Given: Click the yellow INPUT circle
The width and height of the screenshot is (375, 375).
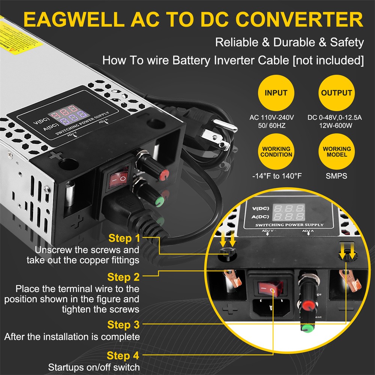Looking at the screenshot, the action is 276,93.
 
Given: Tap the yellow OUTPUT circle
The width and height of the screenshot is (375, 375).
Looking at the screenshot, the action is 336,93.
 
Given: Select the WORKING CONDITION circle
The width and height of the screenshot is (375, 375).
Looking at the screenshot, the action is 276,151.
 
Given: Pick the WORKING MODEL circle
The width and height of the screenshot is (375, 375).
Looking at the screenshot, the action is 336,151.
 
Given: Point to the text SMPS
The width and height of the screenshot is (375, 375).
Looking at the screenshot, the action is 337,175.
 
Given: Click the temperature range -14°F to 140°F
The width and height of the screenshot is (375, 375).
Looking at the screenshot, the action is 276,175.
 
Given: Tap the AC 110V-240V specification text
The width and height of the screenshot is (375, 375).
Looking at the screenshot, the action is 272,118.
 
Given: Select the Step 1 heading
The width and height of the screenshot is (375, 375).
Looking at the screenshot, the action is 124,238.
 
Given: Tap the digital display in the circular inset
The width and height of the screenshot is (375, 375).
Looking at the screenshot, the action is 288,212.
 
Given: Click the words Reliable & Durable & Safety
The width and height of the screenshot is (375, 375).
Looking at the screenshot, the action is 289,43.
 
